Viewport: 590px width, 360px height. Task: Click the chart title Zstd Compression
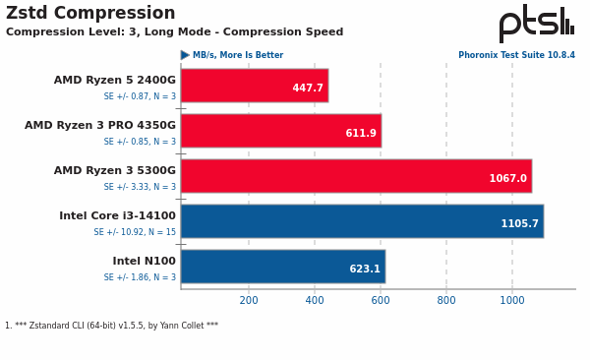[x=90, y=14]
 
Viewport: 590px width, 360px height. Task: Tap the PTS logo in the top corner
[x=536, y=23]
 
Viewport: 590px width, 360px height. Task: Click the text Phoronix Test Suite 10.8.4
[x=516, y=56]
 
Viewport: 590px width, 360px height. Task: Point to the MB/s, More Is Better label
[x=237, y=56]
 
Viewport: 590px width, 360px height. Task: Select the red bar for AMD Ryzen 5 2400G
[x=254, y=85]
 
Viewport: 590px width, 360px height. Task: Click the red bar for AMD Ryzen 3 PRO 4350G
[x=280, y=130]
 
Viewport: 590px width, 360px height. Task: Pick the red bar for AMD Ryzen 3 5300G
[x=355, y=175]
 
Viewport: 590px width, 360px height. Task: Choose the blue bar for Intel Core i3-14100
[x=361, y=220]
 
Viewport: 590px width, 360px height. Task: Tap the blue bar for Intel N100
[x=282, y=266]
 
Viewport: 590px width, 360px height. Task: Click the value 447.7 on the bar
[x=308, y=89]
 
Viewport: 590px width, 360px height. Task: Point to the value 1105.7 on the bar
[x=519, y=224]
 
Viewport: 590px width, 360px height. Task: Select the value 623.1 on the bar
[x=365, y=270]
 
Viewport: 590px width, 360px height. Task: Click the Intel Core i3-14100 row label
[x=117, y=216]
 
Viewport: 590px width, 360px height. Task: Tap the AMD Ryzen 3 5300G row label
[x=115, y=171]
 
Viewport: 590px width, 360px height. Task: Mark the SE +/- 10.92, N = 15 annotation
[x=135, y=233]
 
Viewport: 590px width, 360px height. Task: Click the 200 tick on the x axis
[x=249, y=301]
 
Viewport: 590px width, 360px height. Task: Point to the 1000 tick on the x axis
[x=511, y=301]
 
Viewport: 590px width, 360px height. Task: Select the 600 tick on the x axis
[x=381, y=301]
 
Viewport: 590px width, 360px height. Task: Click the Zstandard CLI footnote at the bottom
[x=111, y=326]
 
